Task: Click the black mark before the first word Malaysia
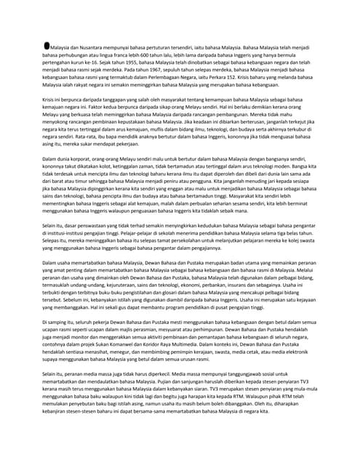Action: pyautogui.click(x=47, y=45)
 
